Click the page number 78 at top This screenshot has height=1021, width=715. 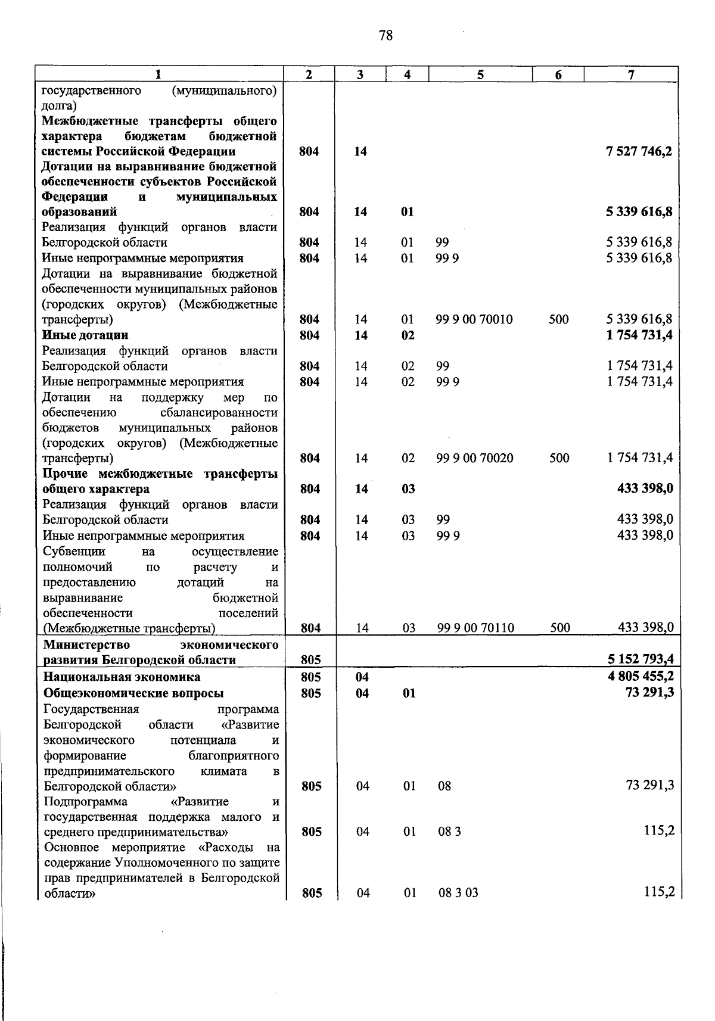tap(386, 36)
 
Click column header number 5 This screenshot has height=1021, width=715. tap(480, 75)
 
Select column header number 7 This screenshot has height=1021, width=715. tap(631, 75)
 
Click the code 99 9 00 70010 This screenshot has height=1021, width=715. tap(474, 320)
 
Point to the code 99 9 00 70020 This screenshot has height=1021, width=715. tap(475, 459)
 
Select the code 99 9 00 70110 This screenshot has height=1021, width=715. tap(476, 628)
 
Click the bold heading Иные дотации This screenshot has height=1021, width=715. tap(85, 335)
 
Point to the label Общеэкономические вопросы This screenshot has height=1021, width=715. tap(134, 693)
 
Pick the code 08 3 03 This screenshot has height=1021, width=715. tap(458, 893)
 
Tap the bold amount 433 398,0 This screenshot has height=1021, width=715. tap(645, 489)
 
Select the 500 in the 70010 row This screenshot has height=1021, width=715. tap(559, 320)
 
